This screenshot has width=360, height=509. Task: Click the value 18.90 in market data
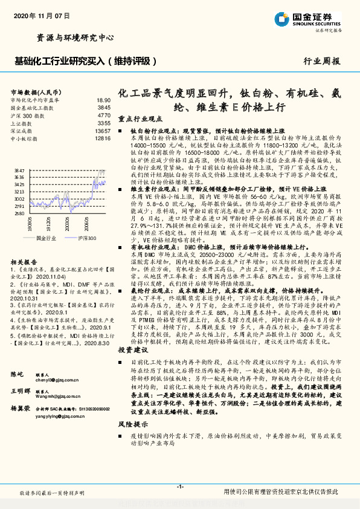103,100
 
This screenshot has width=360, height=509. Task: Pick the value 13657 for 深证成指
103,131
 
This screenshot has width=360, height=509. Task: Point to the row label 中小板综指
25,138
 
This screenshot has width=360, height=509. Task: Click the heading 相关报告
24,262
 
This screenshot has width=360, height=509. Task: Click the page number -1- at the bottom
179,487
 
